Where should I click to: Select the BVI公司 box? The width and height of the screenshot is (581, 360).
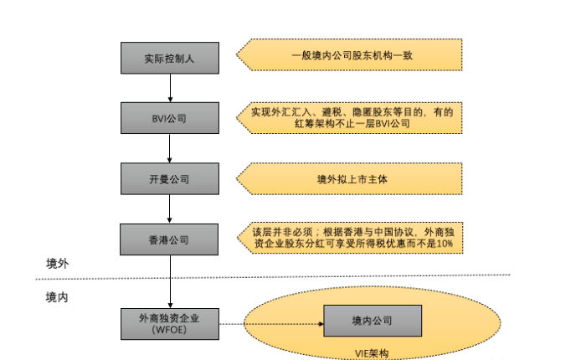pos(170,118)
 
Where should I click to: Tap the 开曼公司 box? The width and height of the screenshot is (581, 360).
pos(170,178)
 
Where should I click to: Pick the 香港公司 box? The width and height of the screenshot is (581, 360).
pos(170,239)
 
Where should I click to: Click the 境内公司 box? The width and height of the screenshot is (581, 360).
pos(372,321)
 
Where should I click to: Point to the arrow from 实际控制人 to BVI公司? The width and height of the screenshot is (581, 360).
pos(170,87)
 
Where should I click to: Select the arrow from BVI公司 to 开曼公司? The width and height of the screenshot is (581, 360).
pos(170,148)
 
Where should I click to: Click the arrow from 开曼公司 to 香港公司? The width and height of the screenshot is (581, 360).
pos(170,209)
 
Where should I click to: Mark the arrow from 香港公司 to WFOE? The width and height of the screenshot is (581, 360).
pos(170,280)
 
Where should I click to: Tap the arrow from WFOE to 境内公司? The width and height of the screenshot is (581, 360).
pos(272,321)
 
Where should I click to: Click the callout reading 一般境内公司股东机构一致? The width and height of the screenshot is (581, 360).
pos(352,56)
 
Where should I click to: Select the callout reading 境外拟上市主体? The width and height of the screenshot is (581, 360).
pos(352,178)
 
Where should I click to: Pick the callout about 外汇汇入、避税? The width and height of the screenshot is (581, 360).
pos(352,117)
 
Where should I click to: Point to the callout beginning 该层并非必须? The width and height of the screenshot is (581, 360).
pos(352,237)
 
